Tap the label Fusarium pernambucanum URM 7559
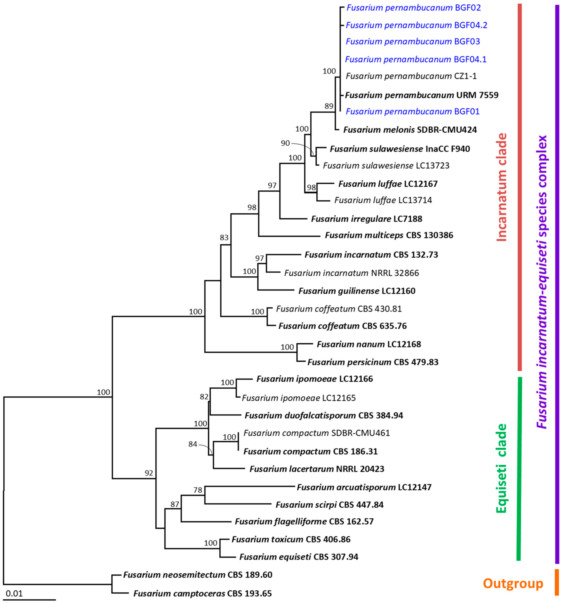(422, 95)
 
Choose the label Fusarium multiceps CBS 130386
(389, 235)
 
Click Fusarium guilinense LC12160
(357, 291)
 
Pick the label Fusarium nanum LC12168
(369, 344)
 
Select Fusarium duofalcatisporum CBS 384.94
(324, 415)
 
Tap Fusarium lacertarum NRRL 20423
(317, 469)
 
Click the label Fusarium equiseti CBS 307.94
(299, 557)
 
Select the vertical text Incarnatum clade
(502, 187)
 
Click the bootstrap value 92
(149, 473)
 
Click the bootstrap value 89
(329, 106)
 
